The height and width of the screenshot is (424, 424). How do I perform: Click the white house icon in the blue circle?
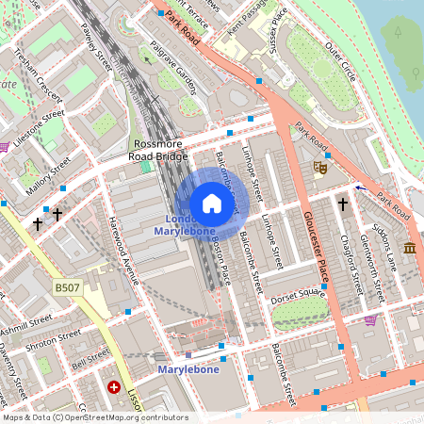click(x=212, y=204)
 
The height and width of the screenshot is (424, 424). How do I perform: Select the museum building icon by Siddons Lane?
click(x=409, y=248)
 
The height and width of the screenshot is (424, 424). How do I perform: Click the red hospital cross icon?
click(x=115, y=387)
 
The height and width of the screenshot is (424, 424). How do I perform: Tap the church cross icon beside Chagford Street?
click(x=343, y=203)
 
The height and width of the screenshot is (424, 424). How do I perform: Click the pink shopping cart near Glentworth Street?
click(x=370, y=319)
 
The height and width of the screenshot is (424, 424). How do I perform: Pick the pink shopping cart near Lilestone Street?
click(x=5, y=146)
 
